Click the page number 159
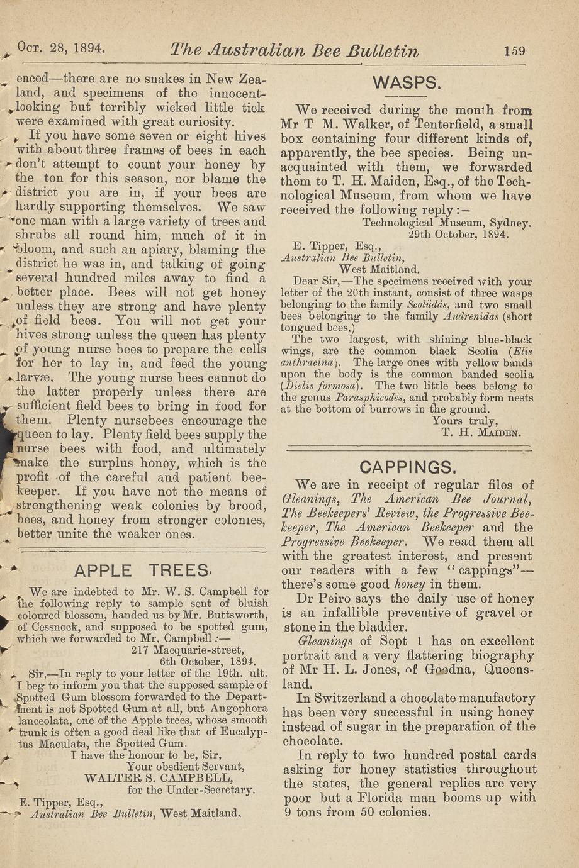pyautogui.click(x=514, y=51)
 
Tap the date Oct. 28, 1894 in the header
pyautogui.click(x=61, y=48)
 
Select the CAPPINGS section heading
pyautogui.click(x=407, y=467)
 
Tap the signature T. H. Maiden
pyautogui.click(x=481, y=433)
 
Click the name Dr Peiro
pyautogui.click(x=317, y=599)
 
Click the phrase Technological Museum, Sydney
pyautogui.click(x=447, y=223)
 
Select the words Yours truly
pyautogui.click(x=464, y=421)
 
